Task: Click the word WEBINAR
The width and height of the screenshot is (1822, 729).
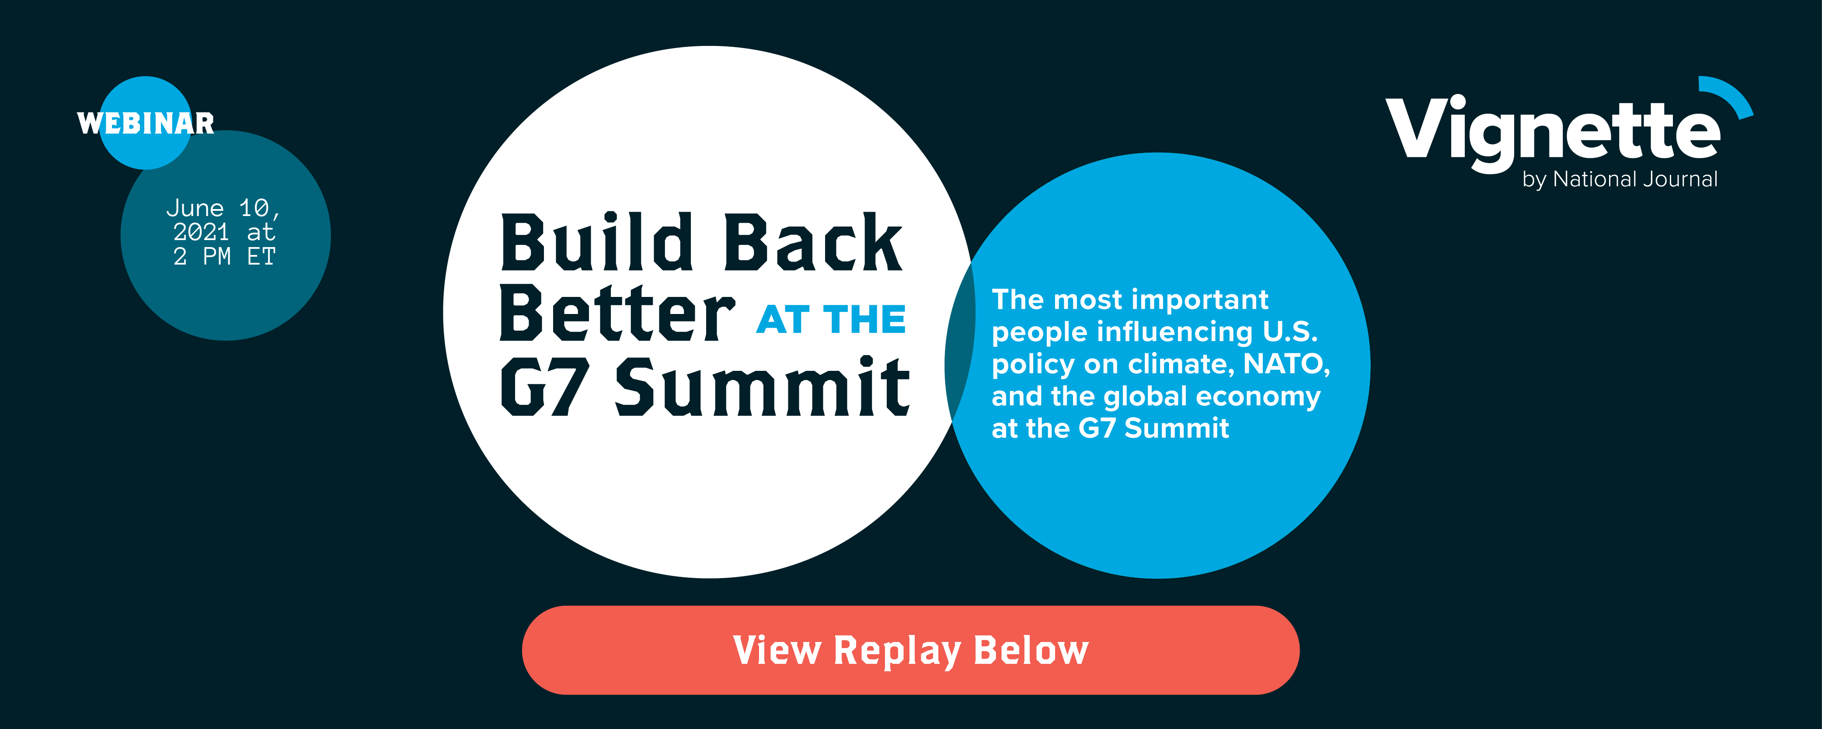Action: (146, 124)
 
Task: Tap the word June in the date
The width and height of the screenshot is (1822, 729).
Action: (195, 208)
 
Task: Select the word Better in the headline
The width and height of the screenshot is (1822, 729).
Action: (617, 313)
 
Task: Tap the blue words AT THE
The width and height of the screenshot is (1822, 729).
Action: (831, 320)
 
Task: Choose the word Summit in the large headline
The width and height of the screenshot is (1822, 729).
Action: (763, 386)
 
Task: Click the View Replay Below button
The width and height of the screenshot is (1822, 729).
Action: (910, 650)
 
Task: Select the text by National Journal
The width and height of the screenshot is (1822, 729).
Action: (1620, 180)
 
